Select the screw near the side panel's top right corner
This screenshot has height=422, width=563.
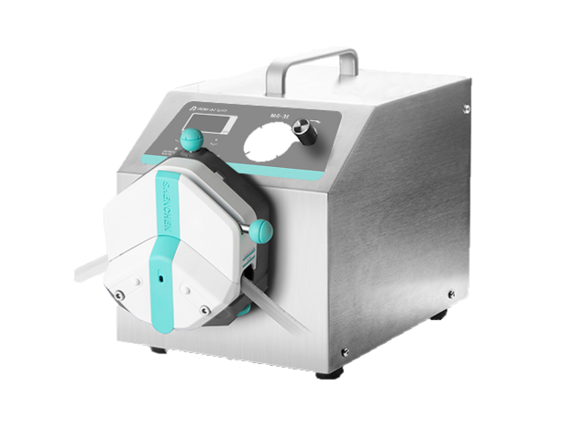tap(464, 106)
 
